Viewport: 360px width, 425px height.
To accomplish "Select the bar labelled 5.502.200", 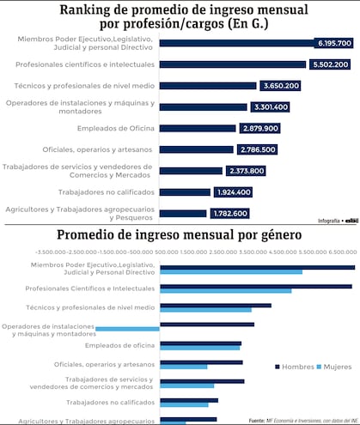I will tap(232, 64).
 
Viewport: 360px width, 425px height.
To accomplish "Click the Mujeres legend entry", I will tap(336, 367).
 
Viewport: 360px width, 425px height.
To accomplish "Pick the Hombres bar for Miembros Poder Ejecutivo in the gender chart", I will tap(257, 267).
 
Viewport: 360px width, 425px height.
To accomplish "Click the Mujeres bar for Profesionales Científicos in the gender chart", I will tap(225, 290).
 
